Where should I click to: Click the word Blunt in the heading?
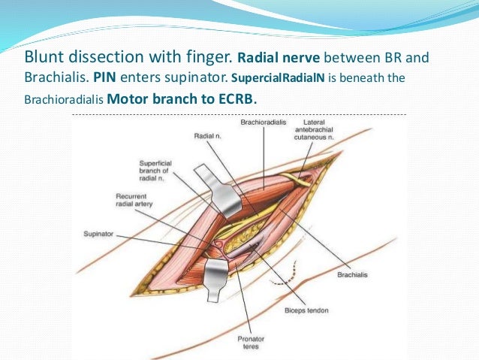click(44, 57)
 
